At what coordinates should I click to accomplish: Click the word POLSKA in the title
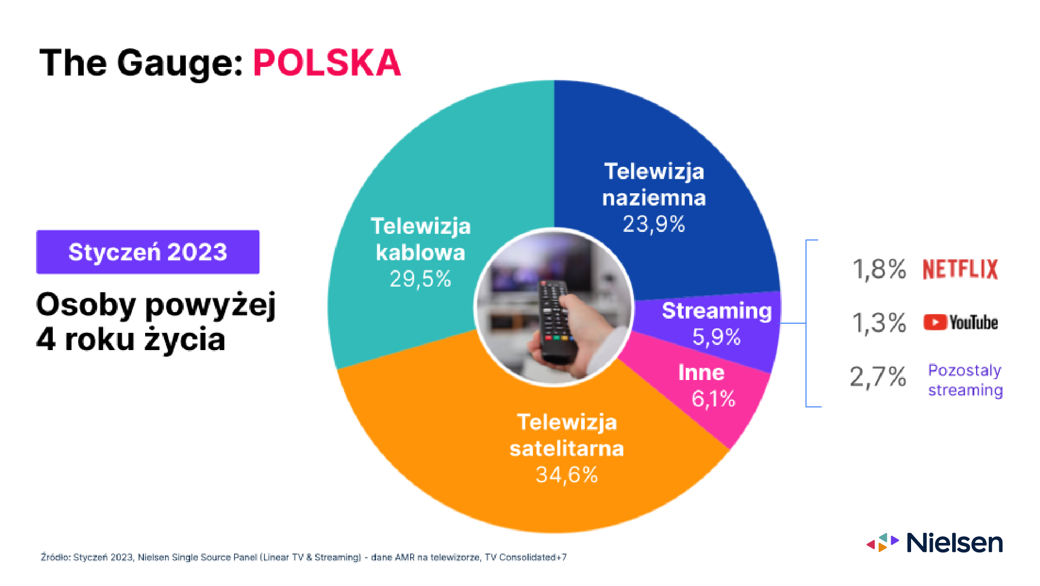pyautogui.click(x=327, y=63)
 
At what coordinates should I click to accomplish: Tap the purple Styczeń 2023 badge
pyautogui.click(x=148, y=252)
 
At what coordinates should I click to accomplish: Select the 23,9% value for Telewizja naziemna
pyautogui.click(x=654, y=224)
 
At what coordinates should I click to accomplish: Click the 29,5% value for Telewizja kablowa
pyautogui.click(x=420, y=279)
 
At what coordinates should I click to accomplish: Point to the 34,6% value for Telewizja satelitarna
pyautogui.click(x=567, y=475)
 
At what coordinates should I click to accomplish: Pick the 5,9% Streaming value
pyautogui.click(x=716, y=337)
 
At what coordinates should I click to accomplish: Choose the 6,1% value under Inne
pyautogui.click(x=713, y=399)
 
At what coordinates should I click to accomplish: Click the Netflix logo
pyautogui.click(x=960, y=269)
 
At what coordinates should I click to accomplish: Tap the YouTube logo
pyautogui.click(x=960, y=323)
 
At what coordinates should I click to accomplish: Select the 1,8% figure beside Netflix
pyautogui.click(x=879, y=269)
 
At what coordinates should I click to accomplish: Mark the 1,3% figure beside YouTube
pyautogui.click(x=879, y=323)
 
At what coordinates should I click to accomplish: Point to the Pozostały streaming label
pyautogui.click(x=965, y=380)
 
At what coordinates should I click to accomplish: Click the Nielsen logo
pyautogui.click(x=934, y=542)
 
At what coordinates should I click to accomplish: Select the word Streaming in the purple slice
pyautogui.click(x=717, y=311)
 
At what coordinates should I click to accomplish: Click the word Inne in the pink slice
pyautogui.click(x=701, y=372)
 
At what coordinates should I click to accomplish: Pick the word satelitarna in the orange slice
pyautogui.click(x=567, y=449)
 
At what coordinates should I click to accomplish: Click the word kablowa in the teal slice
pyautogui.click(x=420, y=252)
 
